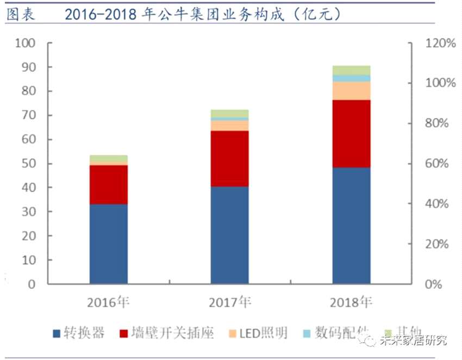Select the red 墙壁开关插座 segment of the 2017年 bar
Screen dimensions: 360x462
point(230,159)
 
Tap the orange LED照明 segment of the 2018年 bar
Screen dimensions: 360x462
point(351,91)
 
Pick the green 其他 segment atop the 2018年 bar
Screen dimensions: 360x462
point(351,70)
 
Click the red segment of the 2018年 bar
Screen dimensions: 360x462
point(351,134)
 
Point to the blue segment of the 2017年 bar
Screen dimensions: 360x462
point(230,235)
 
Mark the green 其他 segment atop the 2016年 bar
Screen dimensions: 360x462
point(109,158)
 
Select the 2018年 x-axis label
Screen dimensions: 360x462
point(351,302)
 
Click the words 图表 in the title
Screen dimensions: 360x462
point(20,14)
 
